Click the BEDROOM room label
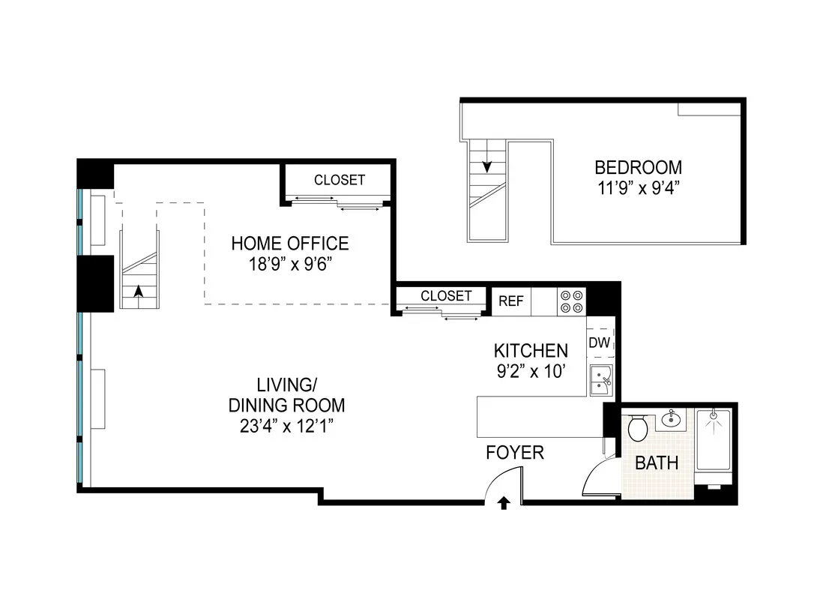638,167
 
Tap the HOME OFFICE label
289,244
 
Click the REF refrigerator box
511,301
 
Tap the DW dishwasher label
599,343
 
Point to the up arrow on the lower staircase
138,291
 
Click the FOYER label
515,453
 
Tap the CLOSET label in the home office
340,180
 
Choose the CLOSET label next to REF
446,296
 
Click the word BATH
657,463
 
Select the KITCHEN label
531,350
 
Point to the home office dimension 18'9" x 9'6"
289,264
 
